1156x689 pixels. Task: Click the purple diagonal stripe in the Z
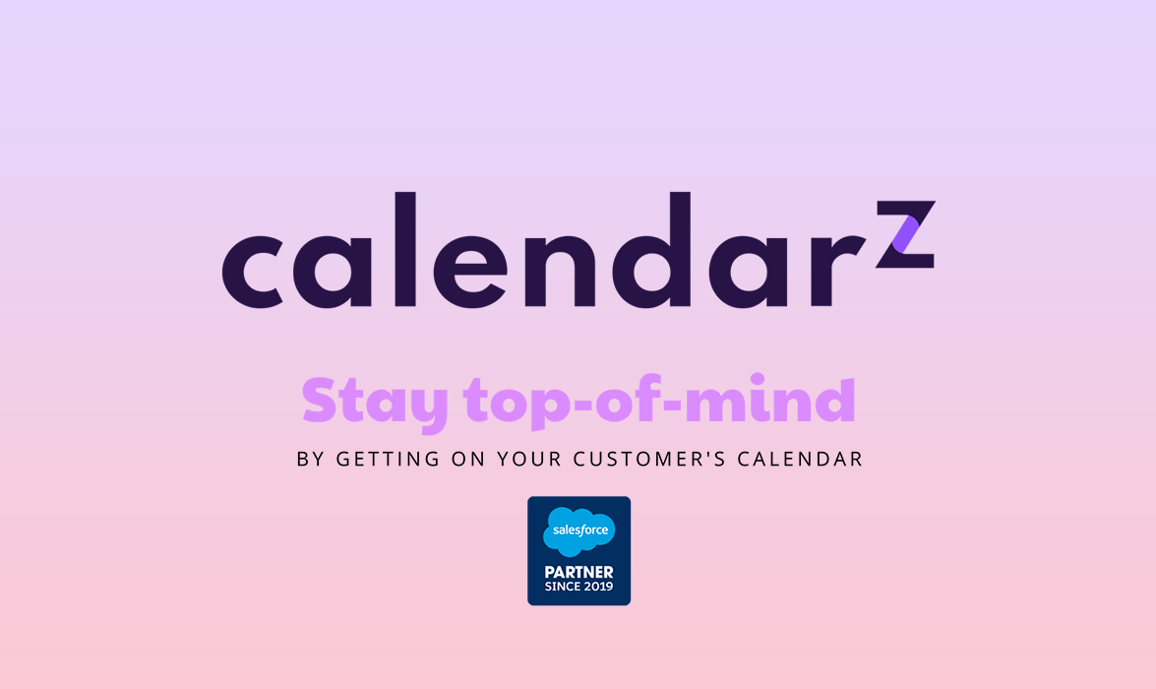pyautogui.click(x=906, y=235)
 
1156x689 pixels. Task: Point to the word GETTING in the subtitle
pyautogui.click(x=386, y=460)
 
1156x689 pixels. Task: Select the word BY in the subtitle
pyautogui.click(x=311, y=460)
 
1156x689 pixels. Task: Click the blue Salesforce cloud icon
pyautogui.click(x=578, y=532)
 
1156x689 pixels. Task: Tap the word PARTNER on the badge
pyautogui.click(x=578, y=572)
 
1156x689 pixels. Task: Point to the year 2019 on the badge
pyautogui.click(x=597, y=587)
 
